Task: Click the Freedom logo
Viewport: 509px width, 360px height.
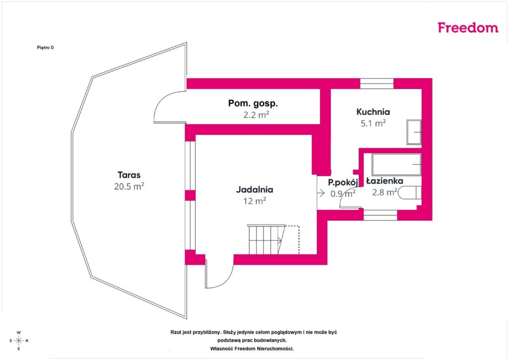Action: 468,27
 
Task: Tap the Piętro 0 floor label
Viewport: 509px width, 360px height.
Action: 45,47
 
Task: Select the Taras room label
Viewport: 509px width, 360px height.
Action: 129,175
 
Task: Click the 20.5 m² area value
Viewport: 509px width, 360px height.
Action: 129,186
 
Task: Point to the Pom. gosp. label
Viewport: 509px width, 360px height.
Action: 253,103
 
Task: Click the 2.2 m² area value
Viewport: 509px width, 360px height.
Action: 256,114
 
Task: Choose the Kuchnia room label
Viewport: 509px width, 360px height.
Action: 373,112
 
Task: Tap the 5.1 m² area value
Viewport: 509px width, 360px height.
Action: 373,123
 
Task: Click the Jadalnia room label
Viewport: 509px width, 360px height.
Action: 254,189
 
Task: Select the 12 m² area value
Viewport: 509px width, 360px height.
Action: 254,201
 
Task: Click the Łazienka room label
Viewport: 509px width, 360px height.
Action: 385,181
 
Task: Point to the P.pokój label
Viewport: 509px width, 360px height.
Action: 343,182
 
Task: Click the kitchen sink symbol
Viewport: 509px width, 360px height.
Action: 414,132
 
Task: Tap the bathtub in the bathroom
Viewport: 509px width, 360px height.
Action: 396,165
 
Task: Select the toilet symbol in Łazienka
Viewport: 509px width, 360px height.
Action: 410,192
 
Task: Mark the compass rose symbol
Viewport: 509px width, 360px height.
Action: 19,341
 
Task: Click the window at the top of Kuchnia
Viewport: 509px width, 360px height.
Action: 377,84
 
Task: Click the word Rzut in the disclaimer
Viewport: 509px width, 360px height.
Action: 175,333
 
